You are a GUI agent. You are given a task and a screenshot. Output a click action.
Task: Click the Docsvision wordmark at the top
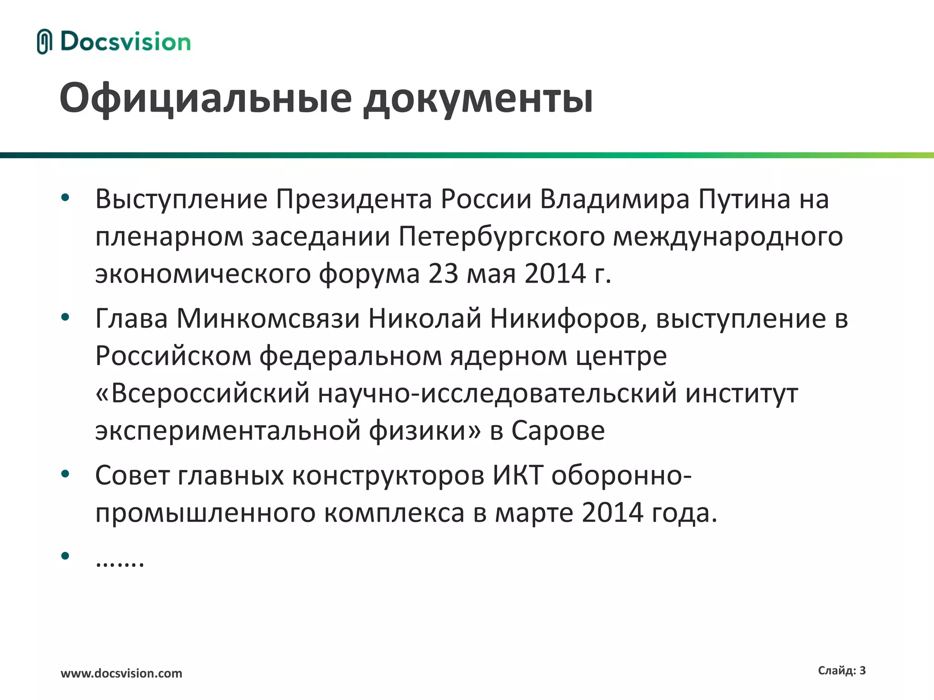(x=125, y=42)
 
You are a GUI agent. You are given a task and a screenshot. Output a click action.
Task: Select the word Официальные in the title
(x=206, y=98)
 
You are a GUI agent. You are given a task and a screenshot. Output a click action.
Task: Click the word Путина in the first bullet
(x=744, y=199)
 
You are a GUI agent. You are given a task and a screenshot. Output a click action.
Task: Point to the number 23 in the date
(x=443, y=273)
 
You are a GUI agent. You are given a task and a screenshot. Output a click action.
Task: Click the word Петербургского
(x=501, y=237)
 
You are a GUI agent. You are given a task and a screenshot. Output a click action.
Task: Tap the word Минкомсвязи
(x=268, y=318)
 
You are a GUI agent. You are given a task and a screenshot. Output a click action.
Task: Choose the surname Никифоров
(x=568, y=318)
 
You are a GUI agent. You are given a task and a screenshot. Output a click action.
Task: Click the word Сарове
(x=558, y=430)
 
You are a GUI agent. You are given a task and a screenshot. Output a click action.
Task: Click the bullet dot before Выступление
(x=65, y=198)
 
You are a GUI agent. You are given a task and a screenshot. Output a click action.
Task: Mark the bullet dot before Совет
(x=65, y=474)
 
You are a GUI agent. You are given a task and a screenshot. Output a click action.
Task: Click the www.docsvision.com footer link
(x=121, y=673)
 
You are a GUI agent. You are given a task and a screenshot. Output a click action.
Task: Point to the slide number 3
(x=862, y=670)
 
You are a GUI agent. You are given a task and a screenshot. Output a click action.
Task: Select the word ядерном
(x=509, y=355)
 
